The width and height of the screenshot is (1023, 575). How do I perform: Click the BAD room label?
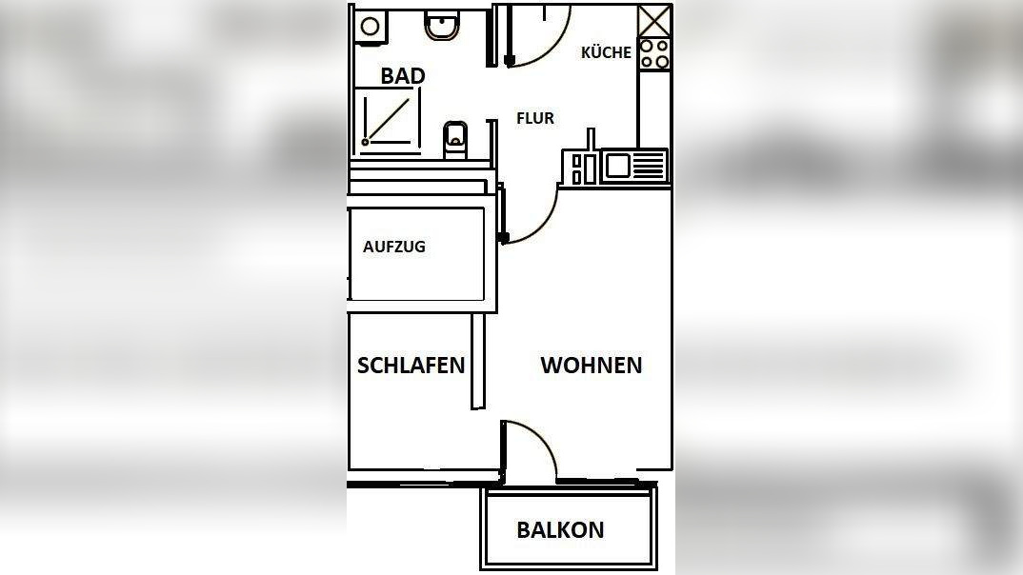[402, 76]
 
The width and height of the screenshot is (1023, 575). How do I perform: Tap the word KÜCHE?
[606, 52]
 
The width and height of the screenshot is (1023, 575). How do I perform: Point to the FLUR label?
[534, 118]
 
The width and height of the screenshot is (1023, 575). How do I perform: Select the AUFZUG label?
[394, 247]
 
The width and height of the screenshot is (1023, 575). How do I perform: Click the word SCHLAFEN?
[411, 365]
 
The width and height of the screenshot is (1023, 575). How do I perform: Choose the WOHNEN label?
[591, 365]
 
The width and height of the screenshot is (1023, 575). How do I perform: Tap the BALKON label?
[560, 530]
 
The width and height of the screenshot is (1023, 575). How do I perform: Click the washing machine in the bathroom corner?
[370, 26]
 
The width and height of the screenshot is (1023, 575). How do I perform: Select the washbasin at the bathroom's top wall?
[441, 26]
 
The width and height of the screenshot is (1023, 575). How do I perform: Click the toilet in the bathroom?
[456, 139]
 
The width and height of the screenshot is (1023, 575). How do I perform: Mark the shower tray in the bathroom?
[389, 118]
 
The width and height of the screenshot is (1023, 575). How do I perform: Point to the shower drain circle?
[365, 142]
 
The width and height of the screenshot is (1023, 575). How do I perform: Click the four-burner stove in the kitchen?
[654, 54]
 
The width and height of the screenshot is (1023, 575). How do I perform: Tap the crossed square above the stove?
[654, 21]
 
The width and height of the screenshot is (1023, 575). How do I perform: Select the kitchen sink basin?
[616, 167]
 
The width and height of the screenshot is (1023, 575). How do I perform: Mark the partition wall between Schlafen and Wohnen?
[478, 362]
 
